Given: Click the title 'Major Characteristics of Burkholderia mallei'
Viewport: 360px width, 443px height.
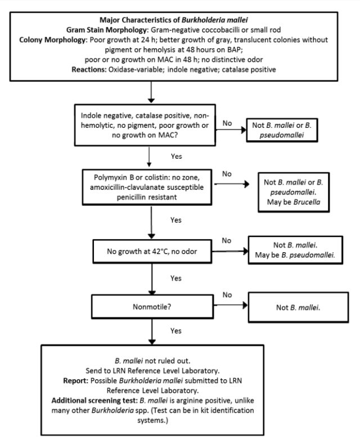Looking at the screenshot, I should pos(180,11).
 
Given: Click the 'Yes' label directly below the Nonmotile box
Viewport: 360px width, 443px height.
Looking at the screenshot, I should pos(175,331).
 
